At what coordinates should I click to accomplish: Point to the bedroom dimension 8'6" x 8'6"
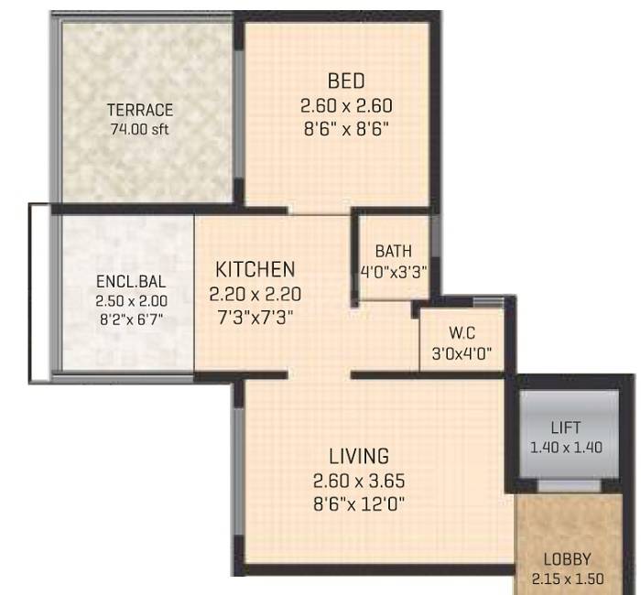pyautogui.click(x=346, y=129)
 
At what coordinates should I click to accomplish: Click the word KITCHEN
pyautogui.click(x=255, y=269)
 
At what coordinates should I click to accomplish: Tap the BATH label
pyautogui.click(x=394, y=251)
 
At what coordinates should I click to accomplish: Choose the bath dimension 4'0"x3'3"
pyautogui.click(x=394, y=272)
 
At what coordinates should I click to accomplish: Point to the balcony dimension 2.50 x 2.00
pyautogui.click(x=125, y=300)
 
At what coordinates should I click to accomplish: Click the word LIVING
pyautogui.click(x=358, y=456)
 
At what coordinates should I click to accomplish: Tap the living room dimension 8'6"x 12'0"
pyautogui.click(x=358, y=503)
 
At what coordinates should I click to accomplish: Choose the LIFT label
pyautogui.click(x=565, y=427)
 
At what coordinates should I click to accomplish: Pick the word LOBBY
pyautogui.click(x=567, y=559)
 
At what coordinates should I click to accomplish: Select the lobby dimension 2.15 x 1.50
pyautogui.click(x=567, y=578)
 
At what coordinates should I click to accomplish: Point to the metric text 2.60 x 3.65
pyautogui.click(x=358, y=480)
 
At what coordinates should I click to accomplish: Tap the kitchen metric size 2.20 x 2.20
pyautogui.click(x=255, y=294)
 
